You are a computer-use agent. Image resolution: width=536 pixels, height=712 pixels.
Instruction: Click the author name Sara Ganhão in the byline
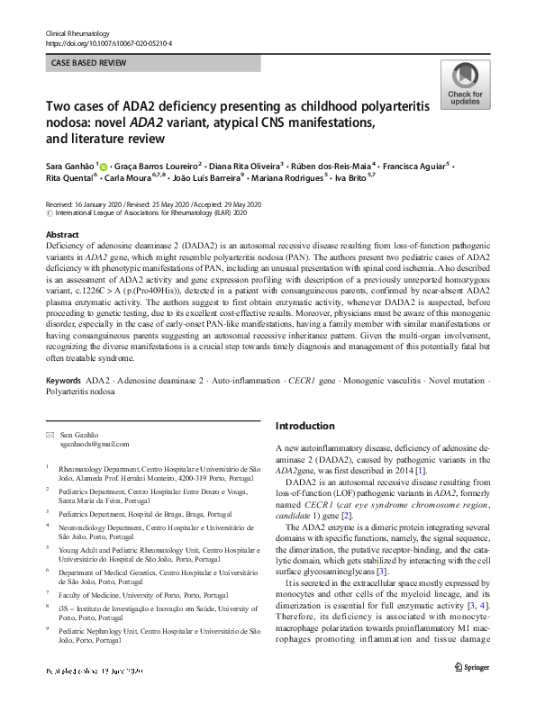[69, 167]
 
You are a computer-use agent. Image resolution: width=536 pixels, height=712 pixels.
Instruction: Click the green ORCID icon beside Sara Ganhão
[104, 167]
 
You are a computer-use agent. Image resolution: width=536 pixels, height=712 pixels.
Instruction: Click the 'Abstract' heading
[62, 233]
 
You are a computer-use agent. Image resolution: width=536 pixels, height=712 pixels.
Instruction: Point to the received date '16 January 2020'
[100, 205]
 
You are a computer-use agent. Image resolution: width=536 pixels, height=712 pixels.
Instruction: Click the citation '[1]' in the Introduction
[420, 470]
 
